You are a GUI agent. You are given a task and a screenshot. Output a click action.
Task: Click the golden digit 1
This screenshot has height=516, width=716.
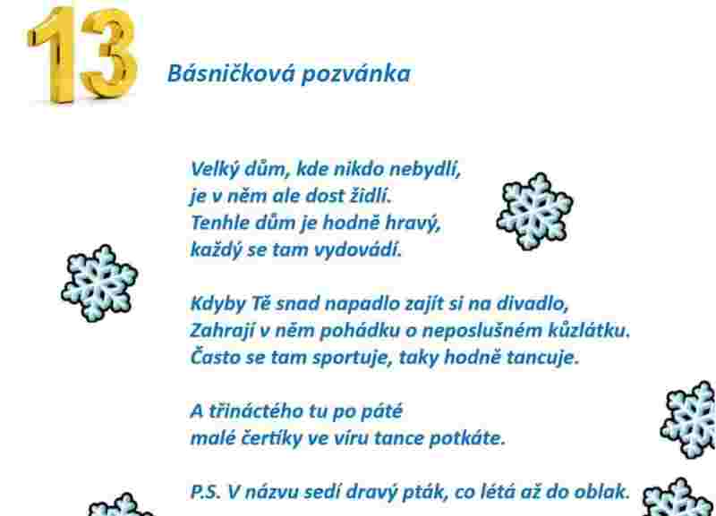(x=55, y=55)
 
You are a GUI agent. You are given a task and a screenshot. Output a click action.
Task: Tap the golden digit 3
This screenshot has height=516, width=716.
(x=109, y=54)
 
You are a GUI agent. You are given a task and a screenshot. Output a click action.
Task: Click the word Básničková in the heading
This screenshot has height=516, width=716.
(x=232, y=73)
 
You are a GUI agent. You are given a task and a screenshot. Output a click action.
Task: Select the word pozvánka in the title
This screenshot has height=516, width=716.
(x=356, y=74)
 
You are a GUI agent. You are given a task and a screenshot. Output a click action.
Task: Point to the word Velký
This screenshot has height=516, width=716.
(x=215, y=170)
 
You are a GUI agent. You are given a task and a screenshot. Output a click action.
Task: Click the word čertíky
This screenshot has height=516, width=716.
(x=271, y=438)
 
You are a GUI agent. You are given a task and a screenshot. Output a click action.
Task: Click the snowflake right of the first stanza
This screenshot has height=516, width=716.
(x=534, y=211)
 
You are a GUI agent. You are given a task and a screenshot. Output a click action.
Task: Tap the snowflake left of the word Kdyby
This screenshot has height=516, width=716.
(x=99, y=283)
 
